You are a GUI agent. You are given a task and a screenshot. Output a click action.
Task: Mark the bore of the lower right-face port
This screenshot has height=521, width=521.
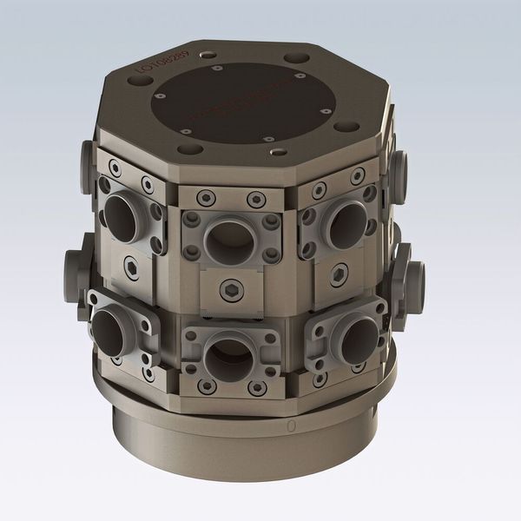coord(359,340)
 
